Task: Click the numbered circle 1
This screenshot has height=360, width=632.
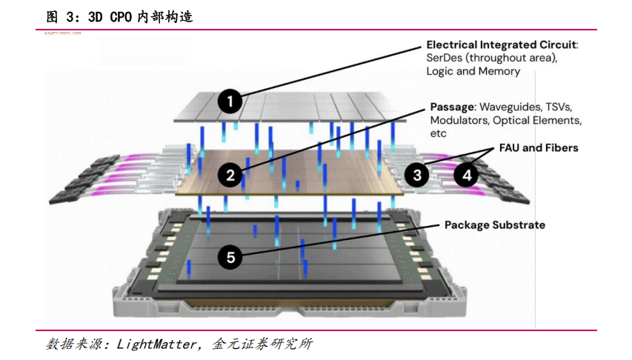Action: pos(231,101)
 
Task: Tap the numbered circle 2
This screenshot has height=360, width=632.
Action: pos(230,175)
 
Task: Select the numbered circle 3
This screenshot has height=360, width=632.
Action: pos(418,175)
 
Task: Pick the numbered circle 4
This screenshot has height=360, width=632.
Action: pos(466,175)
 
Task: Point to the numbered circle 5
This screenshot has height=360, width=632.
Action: pos(230,257)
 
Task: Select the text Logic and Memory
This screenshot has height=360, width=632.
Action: pos(473,72)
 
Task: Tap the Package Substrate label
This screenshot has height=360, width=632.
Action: pos(494,224)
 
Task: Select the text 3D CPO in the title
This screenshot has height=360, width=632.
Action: pos(111,16)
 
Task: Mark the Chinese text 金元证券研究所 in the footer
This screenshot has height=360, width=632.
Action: pos(262,344)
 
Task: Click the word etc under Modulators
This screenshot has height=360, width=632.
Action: pos(438,133)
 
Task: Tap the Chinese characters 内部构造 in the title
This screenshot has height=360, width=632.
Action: pos(165,16)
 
